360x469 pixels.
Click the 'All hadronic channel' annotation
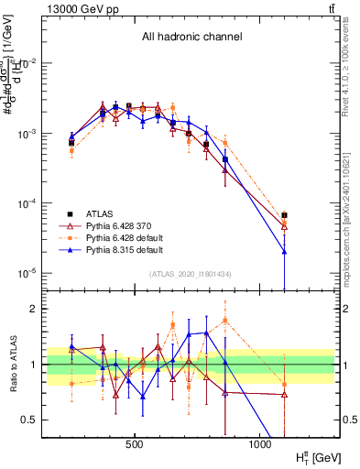(191, 38)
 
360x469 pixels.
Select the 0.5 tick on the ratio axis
(28, 420)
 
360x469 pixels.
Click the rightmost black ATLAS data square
(284, 215)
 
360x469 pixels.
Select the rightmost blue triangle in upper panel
(284, 251)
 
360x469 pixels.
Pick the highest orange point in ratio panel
(225, 320)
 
